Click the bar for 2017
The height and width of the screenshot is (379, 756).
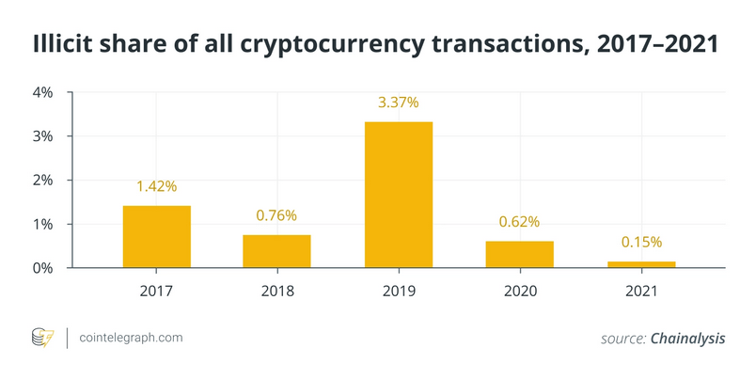pos(156,236)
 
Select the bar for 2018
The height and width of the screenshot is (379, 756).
pos(276,251)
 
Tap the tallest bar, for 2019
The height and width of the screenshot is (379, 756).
pos(398,195)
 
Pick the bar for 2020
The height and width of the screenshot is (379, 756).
pos(519,254)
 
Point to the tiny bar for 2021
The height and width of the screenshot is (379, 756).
pos(641,264)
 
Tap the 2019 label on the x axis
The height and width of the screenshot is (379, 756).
pos(398,292)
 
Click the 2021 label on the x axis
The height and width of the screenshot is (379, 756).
pos(641,292)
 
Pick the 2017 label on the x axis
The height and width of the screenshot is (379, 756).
pos(156,292)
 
